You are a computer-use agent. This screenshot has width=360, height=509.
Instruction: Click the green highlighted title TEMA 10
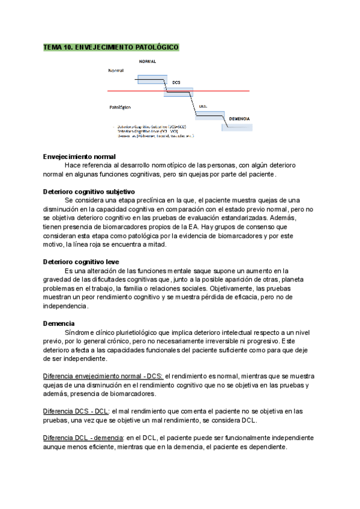(x=111, y=47)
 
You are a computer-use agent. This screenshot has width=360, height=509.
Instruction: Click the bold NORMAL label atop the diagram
(x=147, y=62)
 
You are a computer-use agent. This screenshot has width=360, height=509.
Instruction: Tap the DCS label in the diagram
(x=176, y=83)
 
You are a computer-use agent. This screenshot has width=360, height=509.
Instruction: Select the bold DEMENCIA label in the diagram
(x=239, y=119)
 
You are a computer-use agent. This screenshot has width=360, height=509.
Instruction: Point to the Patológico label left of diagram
(x=120, y=108)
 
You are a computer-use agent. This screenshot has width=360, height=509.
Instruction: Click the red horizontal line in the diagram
(x=228, y=91)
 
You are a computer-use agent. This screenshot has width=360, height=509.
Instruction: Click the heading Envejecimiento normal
(x=83, y=156)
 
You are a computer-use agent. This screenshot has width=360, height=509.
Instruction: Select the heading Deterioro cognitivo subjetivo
(x=93, y=191)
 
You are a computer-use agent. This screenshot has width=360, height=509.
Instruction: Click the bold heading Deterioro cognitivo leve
(x=81, y=262)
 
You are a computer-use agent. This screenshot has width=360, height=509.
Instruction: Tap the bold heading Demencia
(x=59, y=324)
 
